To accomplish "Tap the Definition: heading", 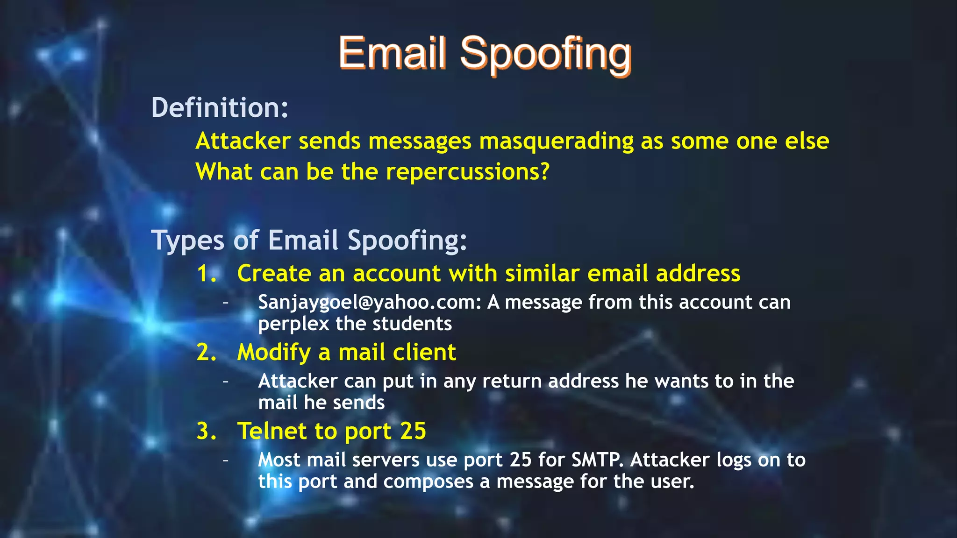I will tap(220, 107).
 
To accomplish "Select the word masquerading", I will tap(556, 141).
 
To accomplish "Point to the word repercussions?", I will tap(467, 172).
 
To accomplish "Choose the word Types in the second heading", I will tap(188, 241).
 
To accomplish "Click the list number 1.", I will tap(206, 273).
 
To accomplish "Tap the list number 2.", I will tap(206, 352).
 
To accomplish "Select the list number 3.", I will tap(206, 431).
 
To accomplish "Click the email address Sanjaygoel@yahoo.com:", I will tap(370, 303).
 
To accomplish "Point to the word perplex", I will tap(293, 324).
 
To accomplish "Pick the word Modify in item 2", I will tap(274, 353).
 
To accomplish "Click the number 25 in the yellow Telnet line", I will tap(413, 431).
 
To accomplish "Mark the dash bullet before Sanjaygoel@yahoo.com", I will tap(226, 303).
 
